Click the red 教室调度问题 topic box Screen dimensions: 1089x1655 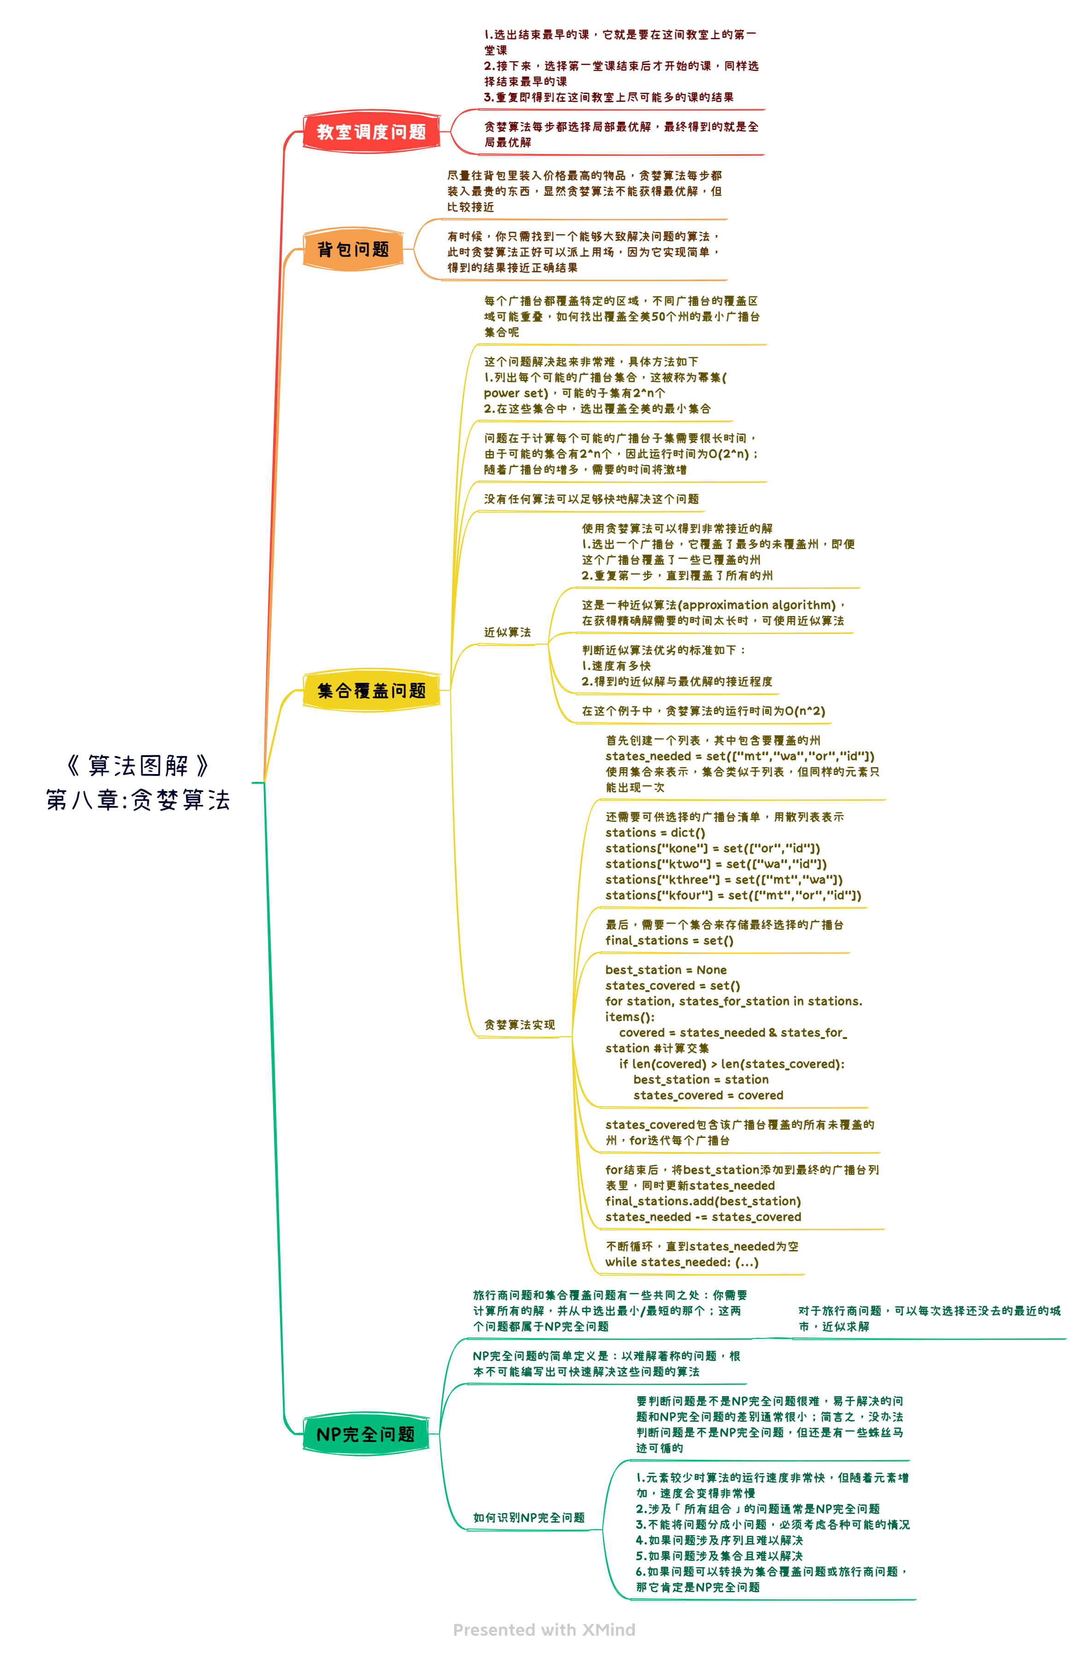tap(371, 131)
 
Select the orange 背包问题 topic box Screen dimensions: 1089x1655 tap(353, 249)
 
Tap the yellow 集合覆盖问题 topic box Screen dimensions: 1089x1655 tap(371, 691)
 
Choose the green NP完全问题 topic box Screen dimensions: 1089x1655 tap(366, 1434)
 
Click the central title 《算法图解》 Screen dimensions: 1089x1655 tap(138, 766)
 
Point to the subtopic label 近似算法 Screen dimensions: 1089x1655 tap(508, 632)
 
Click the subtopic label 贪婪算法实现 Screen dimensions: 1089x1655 tap(520, 1024)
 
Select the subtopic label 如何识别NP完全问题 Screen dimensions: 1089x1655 tap(529, 1517)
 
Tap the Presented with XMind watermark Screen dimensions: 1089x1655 tap(544, 1629)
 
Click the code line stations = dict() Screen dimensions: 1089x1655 tap(655, 833)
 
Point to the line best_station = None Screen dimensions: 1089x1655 tap(666, 969)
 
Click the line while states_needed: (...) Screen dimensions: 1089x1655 tap(681, 1262)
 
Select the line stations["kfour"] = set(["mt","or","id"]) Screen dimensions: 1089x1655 tap(733, 895)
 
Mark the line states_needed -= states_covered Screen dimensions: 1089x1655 tap(703, 1216)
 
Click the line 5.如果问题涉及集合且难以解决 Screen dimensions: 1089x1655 tap(719, 1555)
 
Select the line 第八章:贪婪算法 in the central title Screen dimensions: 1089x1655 tap(138, 800)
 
